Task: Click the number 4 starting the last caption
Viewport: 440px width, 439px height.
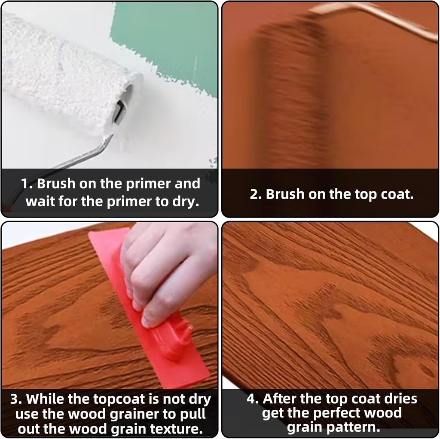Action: (x=251, y=399)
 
